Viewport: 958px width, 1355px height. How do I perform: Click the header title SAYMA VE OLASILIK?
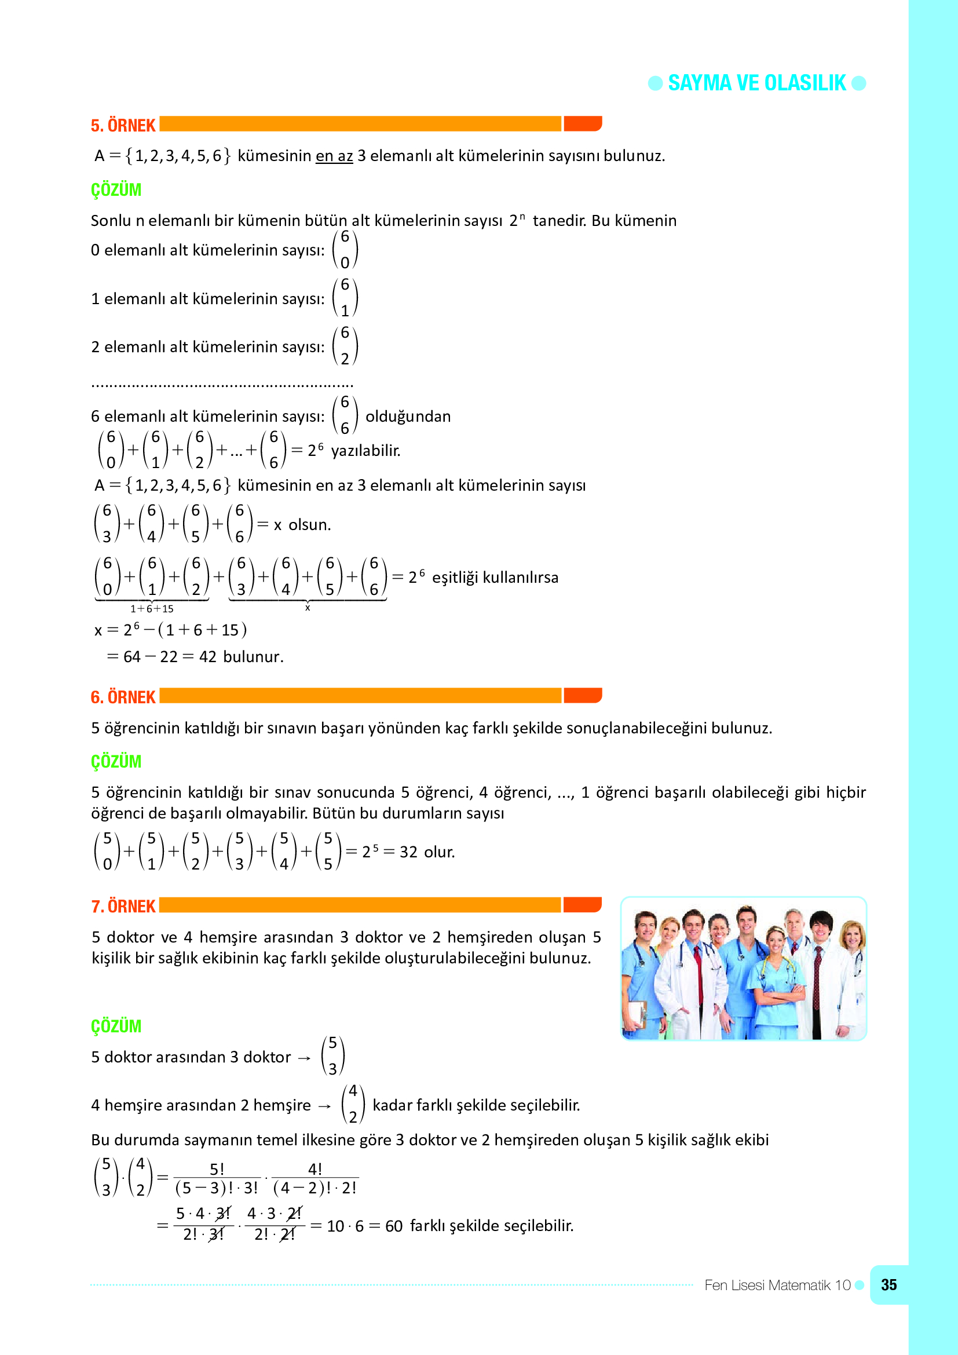tap(756, 83)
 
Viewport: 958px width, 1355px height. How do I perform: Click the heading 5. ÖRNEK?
tap(123, 126)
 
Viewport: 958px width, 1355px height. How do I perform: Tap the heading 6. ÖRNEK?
tap(123, 697)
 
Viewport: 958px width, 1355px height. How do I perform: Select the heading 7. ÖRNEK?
tap(123, 907)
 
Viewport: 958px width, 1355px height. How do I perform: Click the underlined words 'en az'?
tap(334, 156)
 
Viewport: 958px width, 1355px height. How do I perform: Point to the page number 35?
tap(888, 1285)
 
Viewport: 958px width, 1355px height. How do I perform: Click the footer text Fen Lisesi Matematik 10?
tap(777, 1285)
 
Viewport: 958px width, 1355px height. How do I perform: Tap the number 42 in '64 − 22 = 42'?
tap(208, 657)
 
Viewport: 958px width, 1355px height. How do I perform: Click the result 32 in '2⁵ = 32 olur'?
tap(408, 852)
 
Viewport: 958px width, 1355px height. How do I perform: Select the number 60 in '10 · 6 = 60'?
tap(393, 1226)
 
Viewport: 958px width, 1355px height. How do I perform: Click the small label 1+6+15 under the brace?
tap(152, 608)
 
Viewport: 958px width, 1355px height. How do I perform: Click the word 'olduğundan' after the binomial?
tap(408, 417)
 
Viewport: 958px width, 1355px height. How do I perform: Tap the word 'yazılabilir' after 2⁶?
tap(365, 451)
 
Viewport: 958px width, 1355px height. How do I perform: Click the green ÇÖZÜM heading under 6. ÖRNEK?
tap(116, 761)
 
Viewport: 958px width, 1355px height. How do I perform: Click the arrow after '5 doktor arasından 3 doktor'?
tap(304, 1058)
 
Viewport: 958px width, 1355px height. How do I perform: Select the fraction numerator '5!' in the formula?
tap(217, 1169)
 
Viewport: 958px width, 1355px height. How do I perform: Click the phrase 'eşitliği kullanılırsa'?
tap(495, 577)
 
